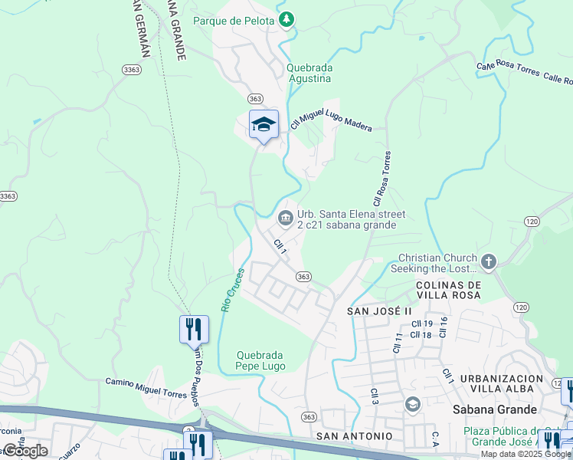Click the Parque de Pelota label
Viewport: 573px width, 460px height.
[x=234, y=21]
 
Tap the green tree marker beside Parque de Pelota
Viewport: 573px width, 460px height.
[x=286, y=19]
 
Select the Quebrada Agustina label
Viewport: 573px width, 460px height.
[x=309, y=73]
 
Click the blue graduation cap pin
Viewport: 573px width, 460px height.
[x=264, y=125]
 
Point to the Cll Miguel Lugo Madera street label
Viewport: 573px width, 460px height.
[x=331, y=122]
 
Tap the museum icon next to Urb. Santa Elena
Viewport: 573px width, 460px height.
[x=286, y=219]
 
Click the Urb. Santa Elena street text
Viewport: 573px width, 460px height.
[x=351, y=220]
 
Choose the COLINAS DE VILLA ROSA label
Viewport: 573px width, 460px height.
[x=448, y=290]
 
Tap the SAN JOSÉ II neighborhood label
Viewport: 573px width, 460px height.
[x=379, y=311]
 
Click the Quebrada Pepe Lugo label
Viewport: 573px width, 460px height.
[x=260, y=360]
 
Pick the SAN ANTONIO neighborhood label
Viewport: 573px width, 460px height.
[x=354, y=435]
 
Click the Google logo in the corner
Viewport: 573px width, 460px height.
[x=25, y=451]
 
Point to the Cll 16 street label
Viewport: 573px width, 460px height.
[x=442, y=327]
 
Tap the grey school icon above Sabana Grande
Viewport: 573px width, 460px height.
[x=412, y=404]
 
